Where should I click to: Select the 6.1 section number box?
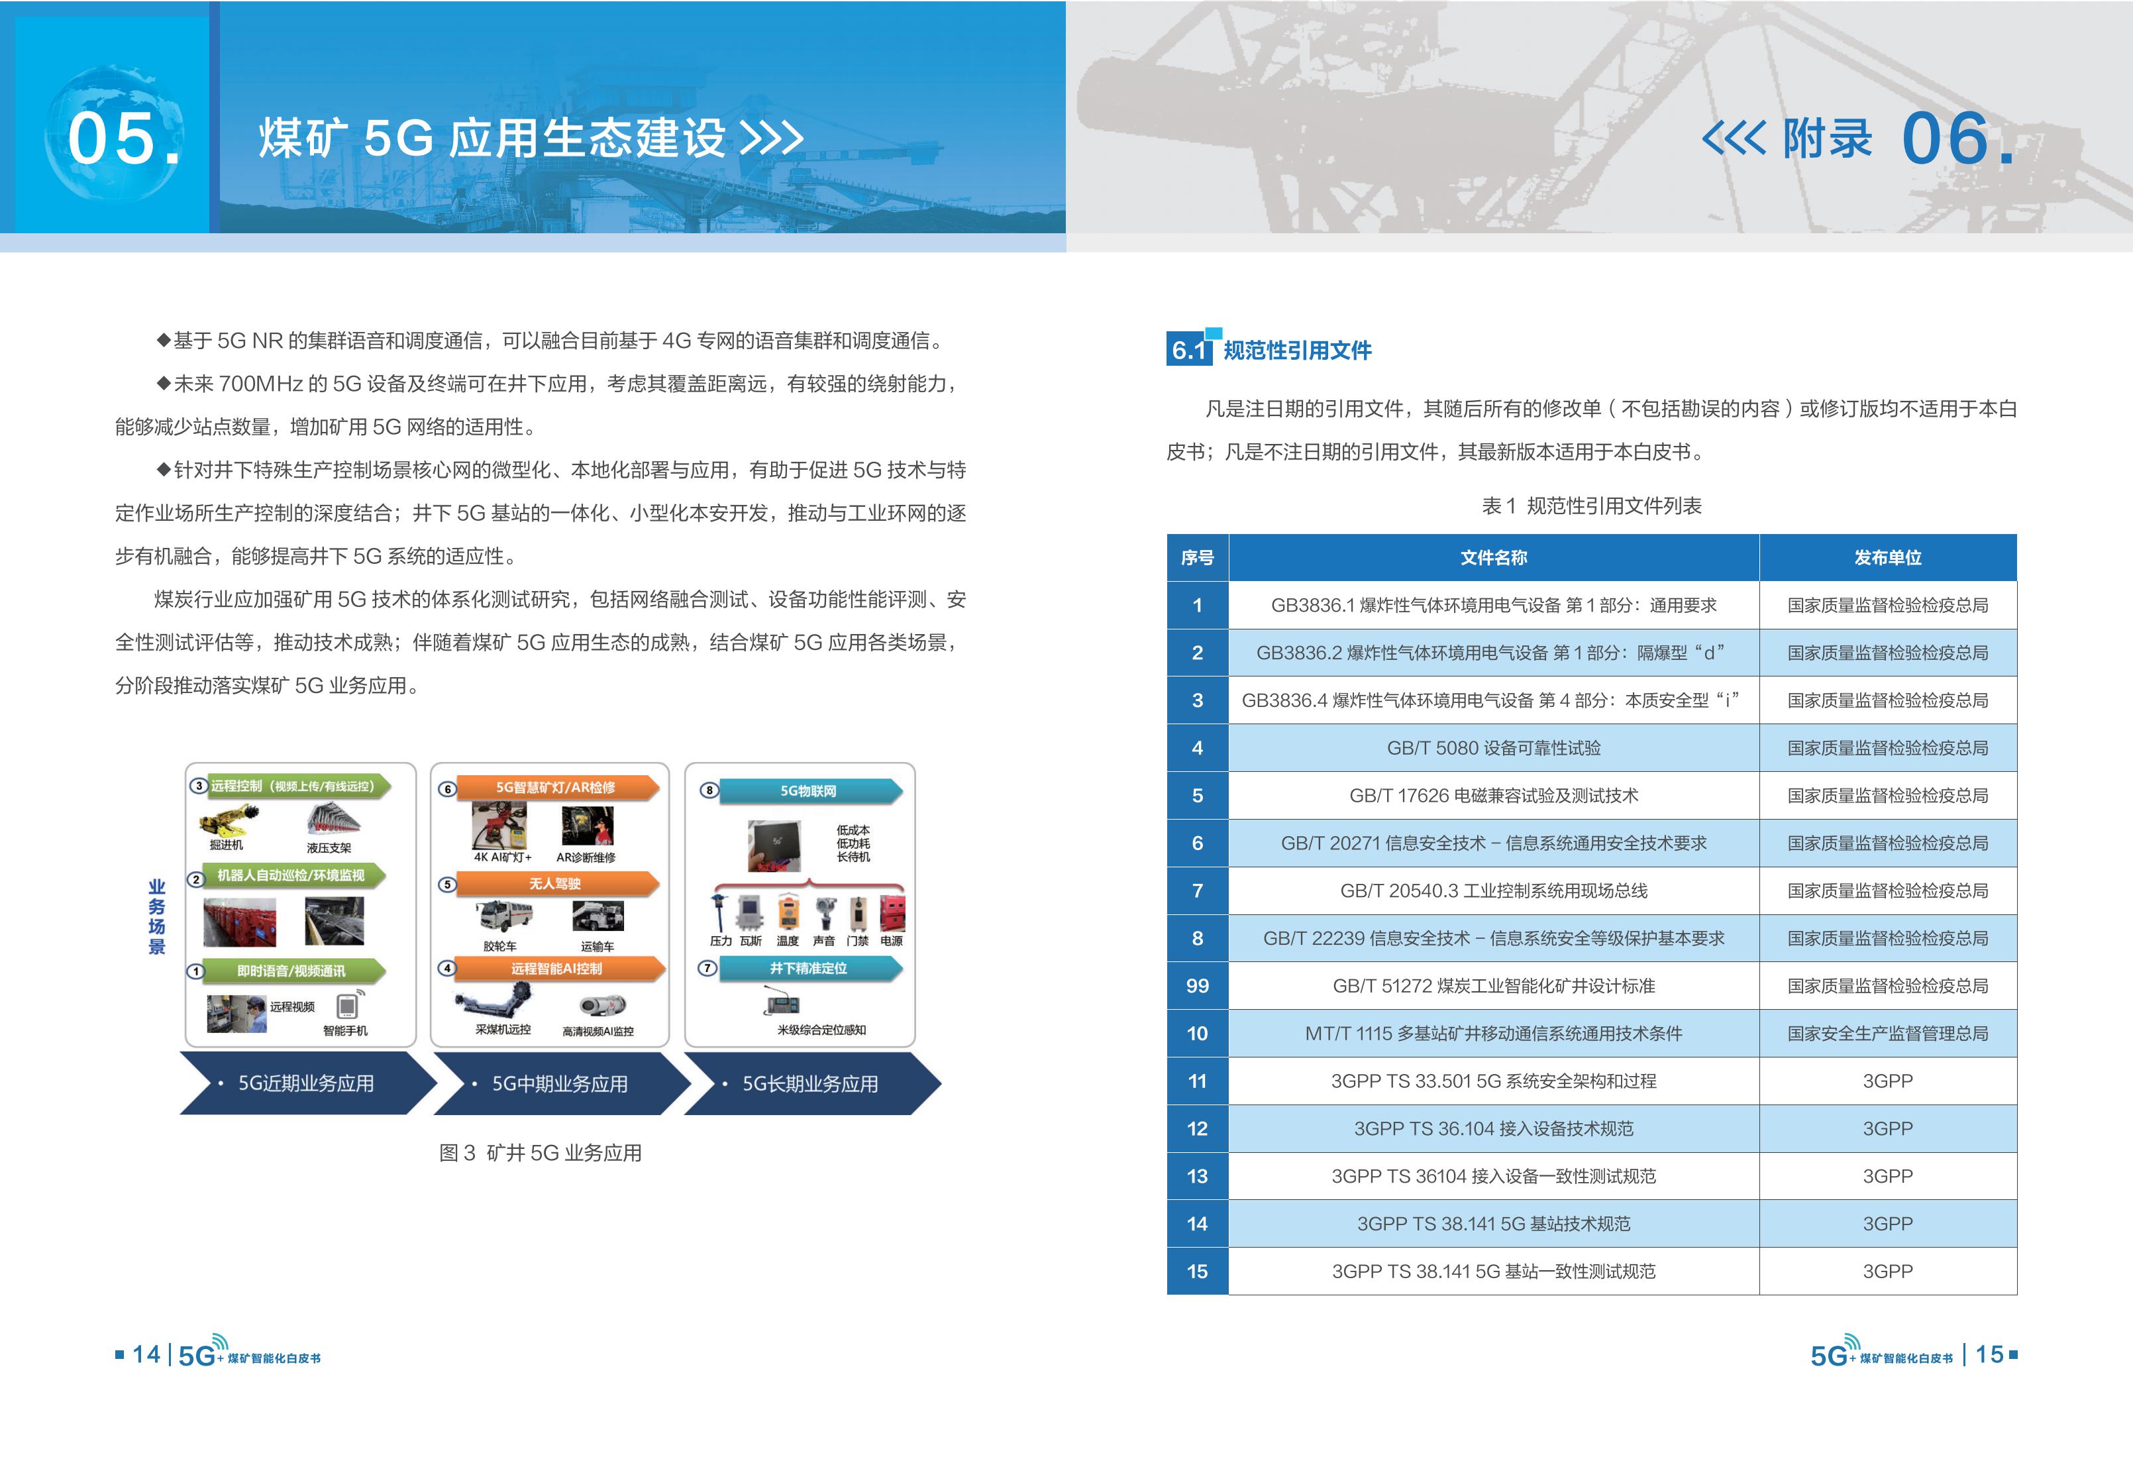(x=1188, y=350)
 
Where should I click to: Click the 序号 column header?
(x=1197, y=557)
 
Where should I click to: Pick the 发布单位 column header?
(x=1888, y=557)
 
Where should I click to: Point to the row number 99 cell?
(x=1197, y=986)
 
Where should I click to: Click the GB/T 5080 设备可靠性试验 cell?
(x=1493, y=748)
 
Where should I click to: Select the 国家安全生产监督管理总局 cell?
(x=1888, y=1034)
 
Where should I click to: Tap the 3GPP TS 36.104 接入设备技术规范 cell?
(x=1493, y=1129)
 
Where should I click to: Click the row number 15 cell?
(x=1197, y=1271)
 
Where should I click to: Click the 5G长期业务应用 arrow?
(x=812, y=1083)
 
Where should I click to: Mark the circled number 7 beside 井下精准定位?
(x=707, y=967)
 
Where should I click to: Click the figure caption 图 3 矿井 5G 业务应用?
(x=541, y=1153)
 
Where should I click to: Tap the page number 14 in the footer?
(x=146, y=1354)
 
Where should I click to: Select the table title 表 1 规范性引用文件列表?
(x=1592, y=506)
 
